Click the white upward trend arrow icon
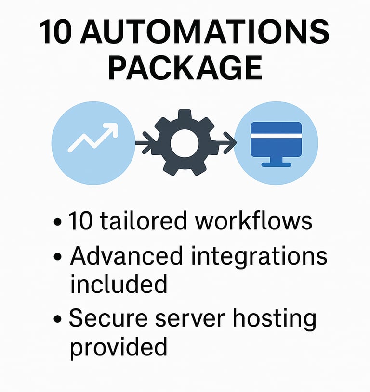click(93, 138)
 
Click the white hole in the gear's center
click(185, 143)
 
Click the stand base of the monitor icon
click(276, 164)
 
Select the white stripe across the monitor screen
click(276, 136)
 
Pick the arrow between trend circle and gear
click(144, 142)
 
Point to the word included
click(119, 284)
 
